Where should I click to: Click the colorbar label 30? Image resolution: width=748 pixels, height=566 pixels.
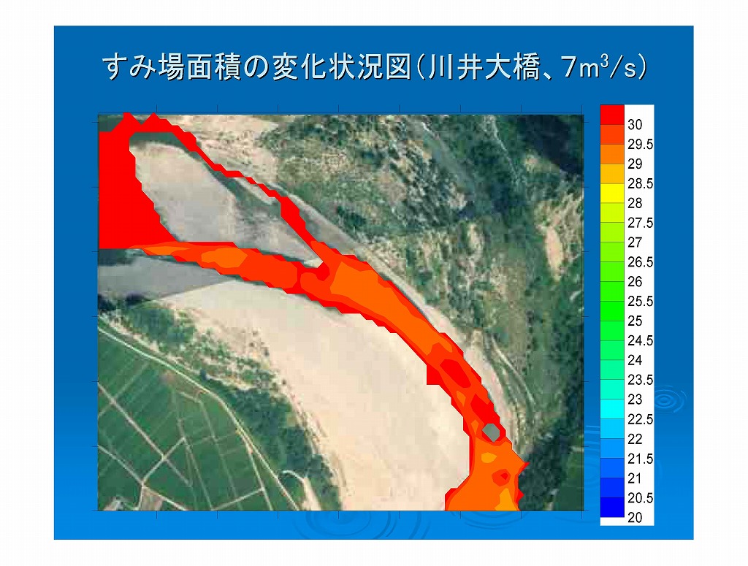[x=635, y=124]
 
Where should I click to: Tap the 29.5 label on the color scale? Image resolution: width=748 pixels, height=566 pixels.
[x=640, y=144]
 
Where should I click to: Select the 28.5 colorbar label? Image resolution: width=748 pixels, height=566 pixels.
[x=640, y=183]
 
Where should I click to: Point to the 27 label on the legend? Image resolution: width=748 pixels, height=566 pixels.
[x=635, y=242]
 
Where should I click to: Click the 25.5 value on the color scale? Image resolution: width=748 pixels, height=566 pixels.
[x=640, y=302]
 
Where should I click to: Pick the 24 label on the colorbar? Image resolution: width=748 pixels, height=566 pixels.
[x=635, y=360]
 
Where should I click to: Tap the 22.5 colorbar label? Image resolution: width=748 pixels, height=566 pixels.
[x=640, y=419]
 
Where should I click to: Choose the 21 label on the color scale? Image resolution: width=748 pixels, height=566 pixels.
[x=635, y=478]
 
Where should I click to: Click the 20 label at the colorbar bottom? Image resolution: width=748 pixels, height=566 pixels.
[x=635, y=517]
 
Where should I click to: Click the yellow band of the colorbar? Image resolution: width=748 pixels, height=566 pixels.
[x=612, y=193]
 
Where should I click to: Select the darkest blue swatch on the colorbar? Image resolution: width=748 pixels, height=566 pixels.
[x=612, y=508]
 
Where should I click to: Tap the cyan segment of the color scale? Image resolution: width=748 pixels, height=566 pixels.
[x=612, y=409]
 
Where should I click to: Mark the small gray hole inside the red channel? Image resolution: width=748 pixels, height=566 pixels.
[x=491, y=432]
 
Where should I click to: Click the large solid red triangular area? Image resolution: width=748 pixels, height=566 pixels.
[x=129, y=200]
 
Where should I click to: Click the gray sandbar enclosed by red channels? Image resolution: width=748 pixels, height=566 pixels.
[x=210, y=200]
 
